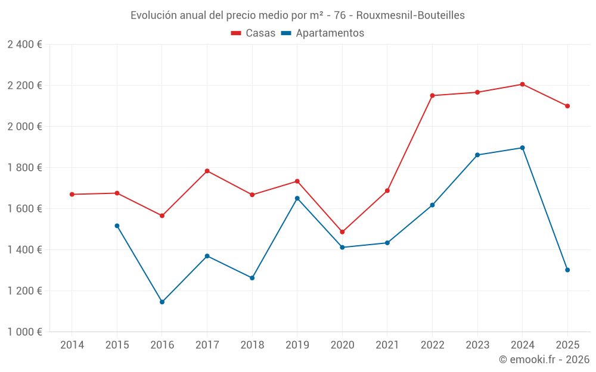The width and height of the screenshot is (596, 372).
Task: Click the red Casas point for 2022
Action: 432,95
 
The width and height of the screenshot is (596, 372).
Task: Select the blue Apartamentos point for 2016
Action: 162,302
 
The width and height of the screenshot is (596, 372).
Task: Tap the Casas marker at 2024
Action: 522,84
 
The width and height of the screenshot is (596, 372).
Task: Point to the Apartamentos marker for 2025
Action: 567,270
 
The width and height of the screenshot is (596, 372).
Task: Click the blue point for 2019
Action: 297,198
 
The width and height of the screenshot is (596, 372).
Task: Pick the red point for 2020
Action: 342,232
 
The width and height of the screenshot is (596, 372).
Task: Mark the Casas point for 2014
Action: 72,194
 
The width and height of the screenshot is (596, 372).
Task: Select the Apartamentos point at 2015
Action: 117,226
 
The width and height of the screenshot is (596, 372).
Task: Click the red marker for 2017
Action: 207,171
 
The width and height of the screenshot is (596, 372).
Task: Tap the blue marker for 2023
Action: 477,155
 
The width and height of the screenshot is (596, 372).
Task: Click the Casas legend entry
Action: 253,33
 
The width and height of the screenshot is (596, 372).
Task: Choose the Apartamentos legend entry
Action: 322,33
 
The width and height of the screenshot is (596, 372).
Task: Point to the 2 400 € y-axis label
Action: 24,44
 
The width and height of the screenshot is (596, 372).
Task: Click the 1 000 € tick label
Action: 24,332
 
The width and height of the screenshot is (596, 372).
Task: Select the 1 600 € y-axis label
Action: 24,208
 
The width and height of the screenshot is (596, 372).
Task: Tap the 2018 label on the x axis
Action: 252,345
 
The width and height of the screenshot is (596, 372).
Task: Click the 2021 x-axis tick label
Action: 387,345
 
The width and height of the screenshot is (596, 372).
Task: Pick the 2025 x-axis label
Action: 567,345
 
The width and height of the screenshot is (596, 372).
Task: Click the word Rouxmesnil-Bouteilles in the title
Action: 414,15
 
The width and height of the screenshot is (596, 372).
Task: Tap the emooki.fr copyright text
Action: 544,360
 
